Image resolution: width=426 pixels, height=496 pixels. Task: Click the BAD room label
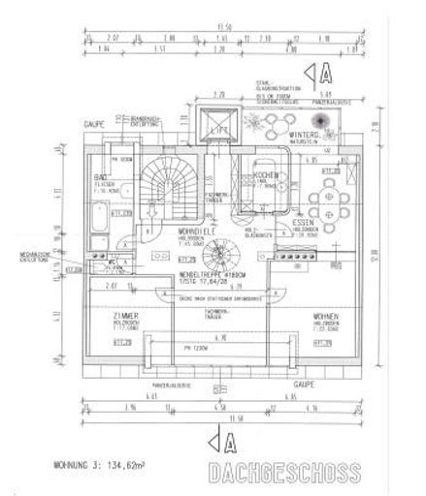click(x=100, y=180)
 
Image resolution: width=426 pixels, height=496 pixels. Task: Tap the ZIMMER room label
click(x=127, y=318)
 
